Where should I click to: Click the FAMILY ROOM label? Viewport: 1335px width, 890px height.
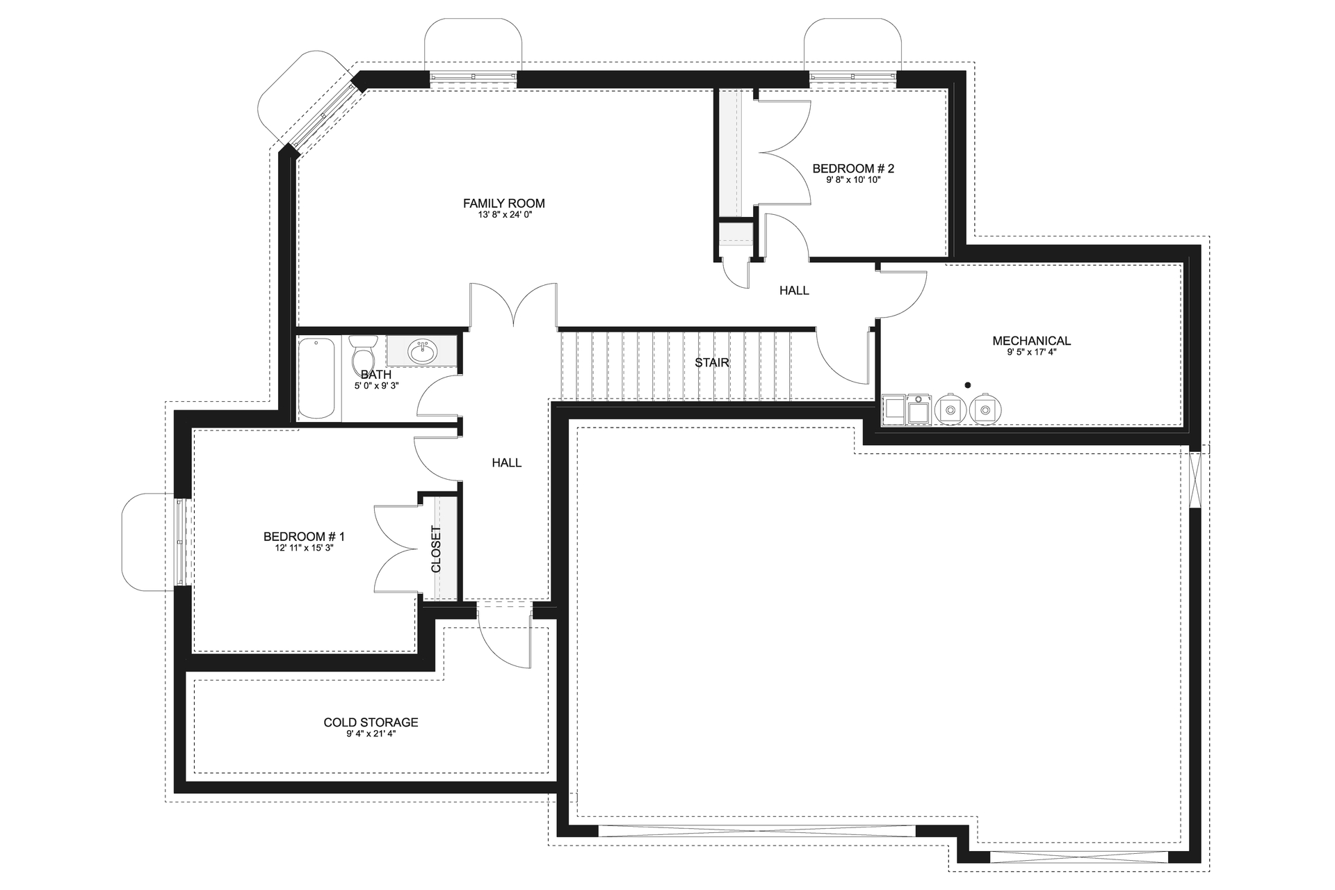(503, 203)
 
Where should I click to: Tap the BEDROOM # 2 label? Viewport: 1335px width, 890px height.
(852, 168)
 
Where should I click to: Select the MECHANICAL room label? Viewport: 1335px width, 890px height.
(1031, 341)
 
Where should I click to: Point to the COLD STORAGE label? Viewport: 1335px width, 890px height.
(371, 722)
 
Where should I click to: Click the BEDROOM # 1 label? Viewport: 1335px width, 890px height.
(304, 537)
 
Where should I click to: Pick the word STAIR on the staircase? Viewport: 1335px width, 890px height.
(712, 362)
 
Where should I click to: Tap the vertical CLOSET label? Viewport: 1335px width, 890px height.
(436, 549)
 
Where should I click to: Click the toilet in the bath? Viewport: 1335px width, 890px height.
(363, 356)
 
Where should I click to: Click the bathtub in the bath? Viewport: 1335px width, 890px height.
(316, 378)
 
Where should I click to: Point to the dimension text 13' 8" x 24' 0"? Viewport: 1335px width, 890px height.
(503, 216)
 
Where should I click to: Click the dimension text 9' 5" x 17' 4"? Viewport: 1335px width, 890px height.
(1031, 353)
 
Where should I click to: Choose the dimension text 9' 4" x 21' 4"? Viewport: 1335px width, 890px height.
(371, 734)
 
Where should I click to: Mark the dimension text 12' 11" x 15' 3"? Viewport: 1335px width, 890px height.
(304, 548)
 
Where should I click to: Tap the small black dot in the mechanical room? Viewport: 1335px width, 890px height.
(967, 385)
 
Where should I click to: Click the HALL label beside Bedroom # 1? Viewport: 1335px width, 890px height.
(506, 463)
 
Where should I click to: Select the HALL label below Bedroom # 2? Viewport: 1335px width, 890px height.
(794, 291)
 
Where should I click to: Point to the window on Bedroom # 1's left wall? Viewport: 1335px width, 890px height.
(181, 542)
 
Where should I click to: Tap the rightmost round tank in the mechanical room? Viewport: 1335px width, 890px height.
(984, 410)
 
